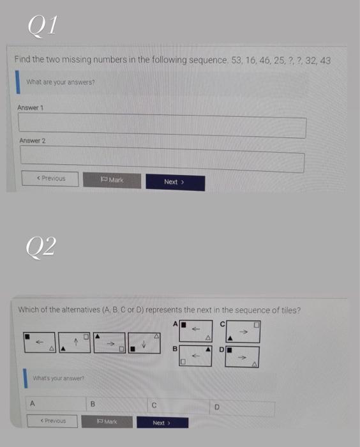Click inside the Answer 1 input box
(x=162, y=126)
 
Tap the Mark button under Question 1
(x=112, y=180)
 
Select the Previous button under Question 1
(x=52, y=178)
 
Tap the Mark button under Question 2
(x=111, y=422)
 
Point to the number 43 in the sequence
(x=324, y=60)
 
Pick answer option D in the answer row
(x=216, y=406)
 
